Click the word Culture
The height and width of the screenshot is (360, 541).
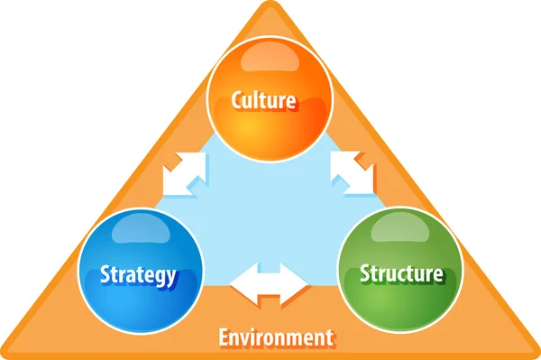click(x=264, y=100)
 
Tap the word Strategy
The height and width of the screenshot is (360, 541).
click(x=138, y=275)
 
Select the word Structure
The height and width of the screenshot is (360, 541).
click(x=401, y=273)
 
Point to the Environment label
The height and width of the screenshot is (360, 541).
click(x=276, y=338)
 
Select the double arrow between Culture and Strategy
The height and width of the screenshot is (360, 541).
click(x=184, y=174)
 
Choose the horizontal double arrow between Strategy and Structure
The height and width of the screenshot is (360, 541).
click(x=269, y=282)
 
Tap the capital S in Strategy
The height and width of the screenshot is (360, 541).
click(x=105, y=274)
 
